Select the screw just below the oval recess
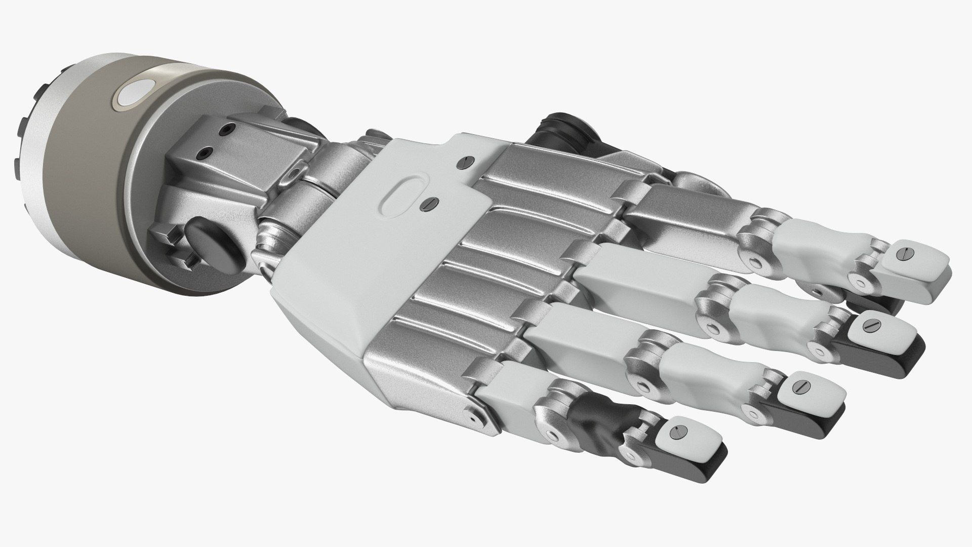430,204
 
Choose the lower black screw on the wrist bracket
205,151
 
